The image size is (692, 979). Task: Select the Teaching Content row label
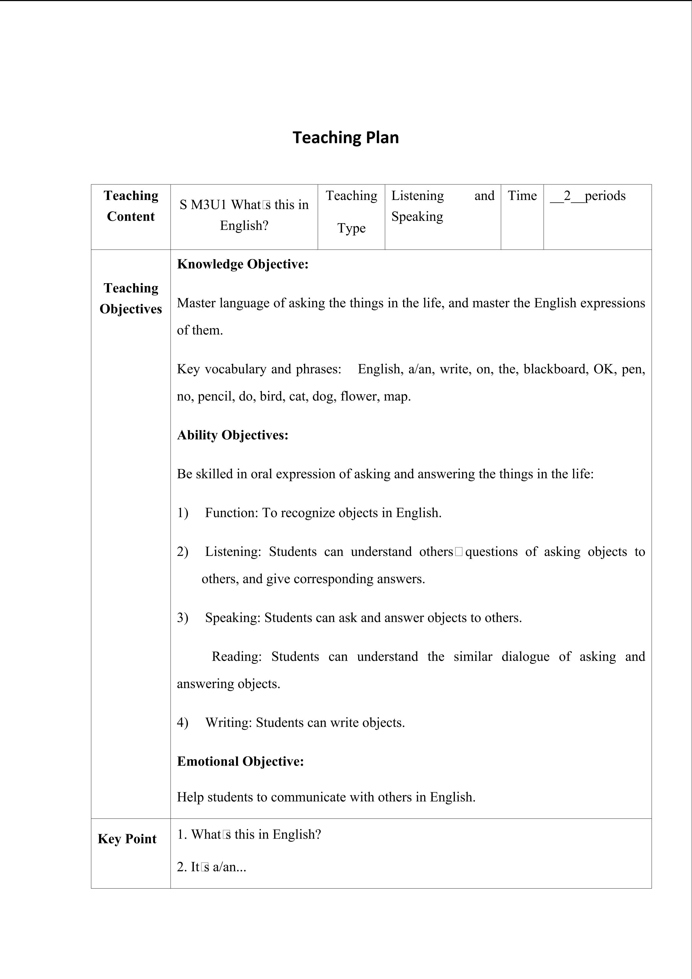(x=131, y=206)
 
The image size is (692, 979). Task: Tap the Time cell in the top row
(x=522, y=196)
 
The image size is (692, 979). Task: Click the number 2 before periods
(x=567, y=196)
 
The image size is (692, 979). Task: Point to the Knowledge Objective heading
(x=242, y=264)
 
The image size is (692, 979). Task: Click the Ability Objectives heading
(x=233, y=435)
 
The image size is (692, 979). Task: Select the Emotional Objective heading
(x=240, y=761)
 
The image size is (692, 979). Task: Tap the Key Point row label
(x=127, y=839)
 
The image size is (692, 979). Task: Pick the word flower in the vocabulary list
(x=357, y=397)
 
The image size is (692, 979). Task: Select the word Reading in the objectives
(x=237, y=656)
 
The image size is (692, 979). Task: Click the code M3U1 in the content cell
(x=209, y=205)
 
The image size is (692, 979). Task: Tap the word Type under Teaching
(x=352, y=228)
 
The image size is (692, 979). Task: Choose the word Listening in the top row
(x=418, y=196)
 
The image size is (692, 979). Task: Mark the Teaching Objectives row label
(x=131, y=299)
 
